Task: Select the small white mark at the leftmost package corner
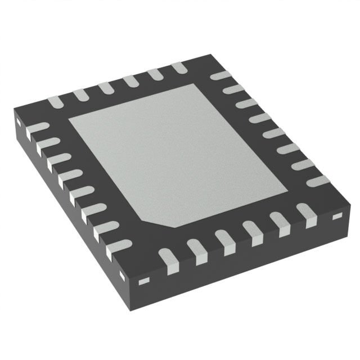[x=17, y=121]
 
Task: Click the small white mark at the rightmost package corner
[x=337, y=216]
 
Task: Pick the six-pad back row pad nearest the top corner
[x=179, y=67]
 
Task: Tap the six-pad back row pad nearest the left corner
[x=55, y=102]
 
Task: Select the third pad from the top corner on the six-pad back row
[x=131, y=80]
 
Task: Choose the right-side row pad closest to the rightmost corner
[x=318, y=182]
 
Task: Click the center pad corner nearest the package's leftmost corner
[x=69, y=120]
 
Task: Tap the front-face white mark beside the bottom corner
[x=145, y=281]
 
